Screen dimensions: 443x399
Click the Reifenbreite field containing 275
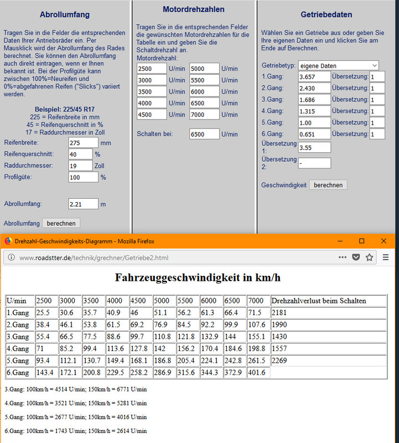[83, 143]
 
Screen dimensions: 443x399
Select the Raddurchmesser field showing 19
[80, 166]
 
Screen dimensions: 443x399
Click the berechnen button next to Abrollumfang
[61, 223]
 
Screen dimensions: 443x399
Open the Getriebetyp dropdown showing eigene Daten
[338, 65]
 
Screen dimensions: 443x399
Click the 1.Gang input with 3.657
[314, 76]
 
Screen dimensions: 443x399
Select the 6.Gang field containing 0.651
[314, 134]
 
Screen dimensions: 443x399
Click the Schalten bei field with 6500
[204, 134]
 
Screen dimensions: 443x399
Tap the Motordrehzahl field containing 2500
[152, 69]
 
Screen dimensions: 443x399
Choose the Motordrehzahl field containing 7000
[204, 115]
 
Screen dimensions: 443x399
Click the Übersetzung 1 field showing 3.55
[314, 147]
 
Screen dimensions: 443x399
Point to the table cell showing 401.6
[258, 373]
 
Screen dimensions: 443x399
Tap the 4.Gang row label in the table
[19, 348]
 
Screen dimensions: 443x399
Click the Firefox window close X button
[384, 241]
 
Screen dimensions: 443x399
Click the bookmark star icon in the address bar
[369, 257]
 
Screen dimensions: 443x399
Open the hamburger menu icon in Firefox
[386, 257]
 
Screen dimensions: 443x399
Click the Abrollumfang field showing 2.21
[83, 204]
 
